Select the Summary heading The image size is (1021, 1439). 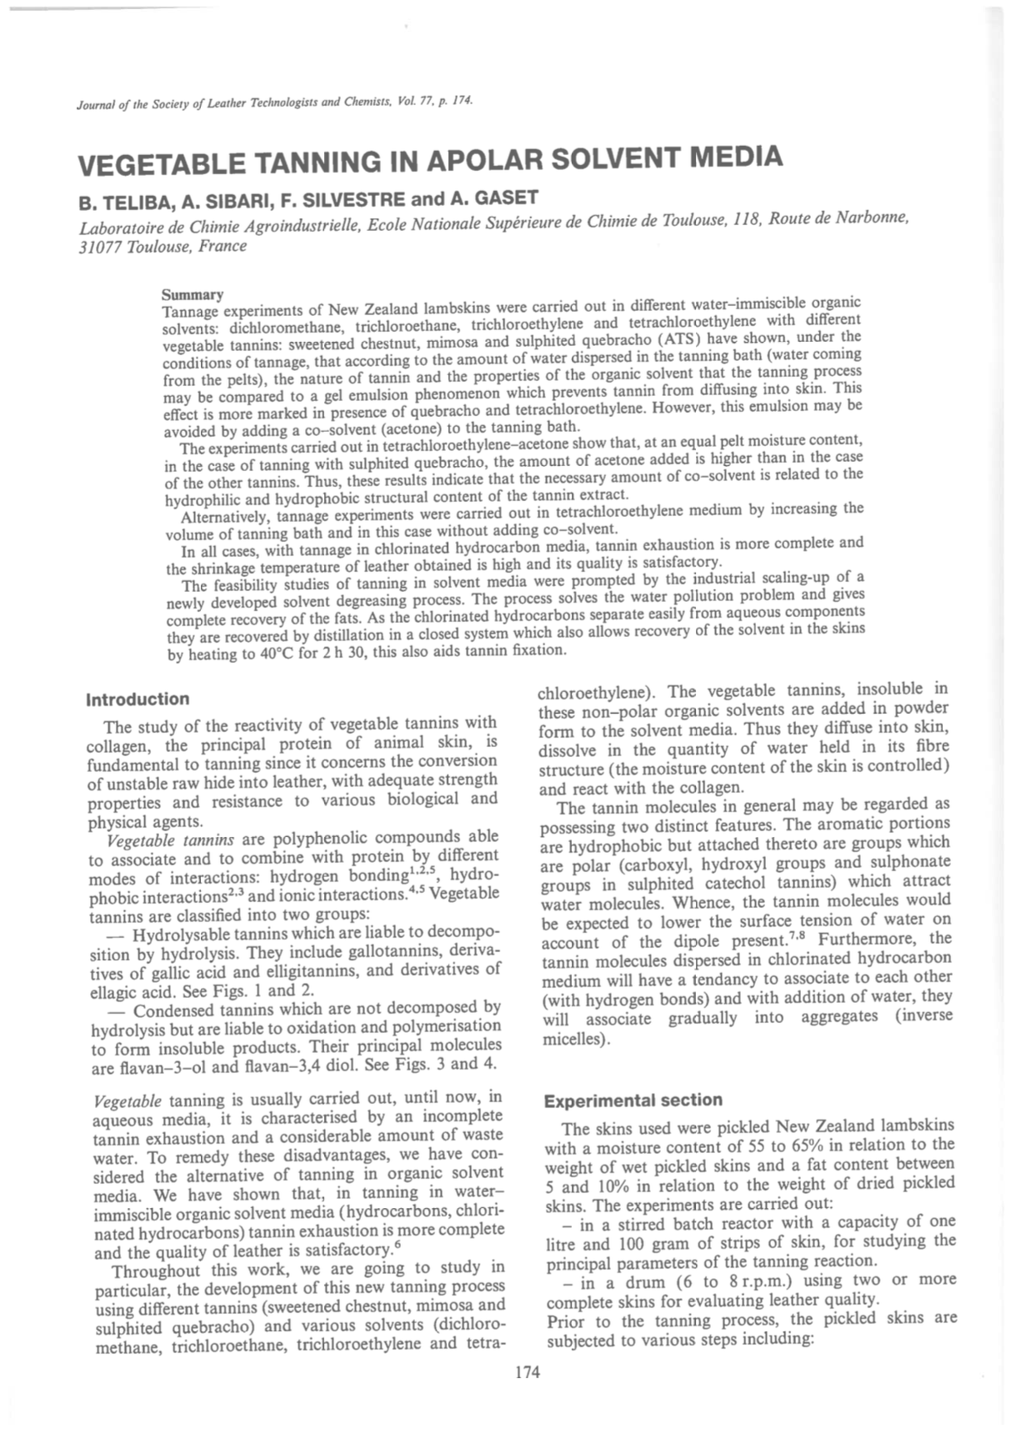pyautogui.click(x=193, y=294)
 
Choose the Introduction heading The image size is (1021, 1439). pyautogui.click(x=138, y=699)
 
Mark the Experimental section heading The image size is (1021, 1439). pyautogui.click(x=633, y=1101)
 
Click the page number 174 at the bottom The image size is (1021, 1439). pyautogui.click(x=528, y=1371)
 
